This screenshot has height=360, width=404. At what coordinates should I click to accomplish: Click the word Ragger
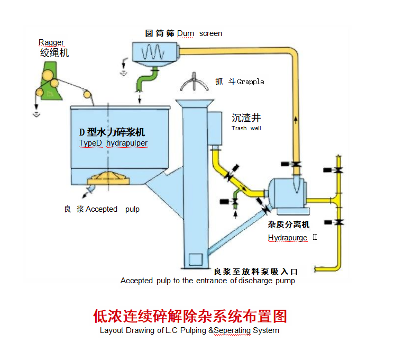tap(51, 42)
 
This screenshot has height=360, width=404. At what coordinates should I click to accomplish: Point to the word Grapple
tap(250, 82)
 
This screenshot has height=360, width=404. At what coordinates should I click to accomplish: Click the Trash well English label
tap(246, 128)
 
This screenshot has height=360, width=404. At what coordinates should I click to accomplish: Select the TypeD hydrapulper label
tap(113, 143)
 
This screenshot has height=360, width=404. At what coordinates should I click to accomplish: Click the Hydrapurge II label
tap(292, 238)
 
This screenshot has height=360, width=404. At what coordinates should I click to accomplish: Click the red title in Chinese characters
tap(190, 316)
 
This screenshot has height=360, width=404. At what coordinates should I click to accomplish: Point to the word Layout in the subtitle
tap(112, 330)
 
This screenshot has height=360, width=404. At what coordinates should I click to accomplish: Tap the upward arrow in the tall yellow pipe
tap(295, 119)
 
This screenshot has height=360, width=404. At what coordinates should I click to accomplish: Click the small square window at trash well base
tap(195, 259)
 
